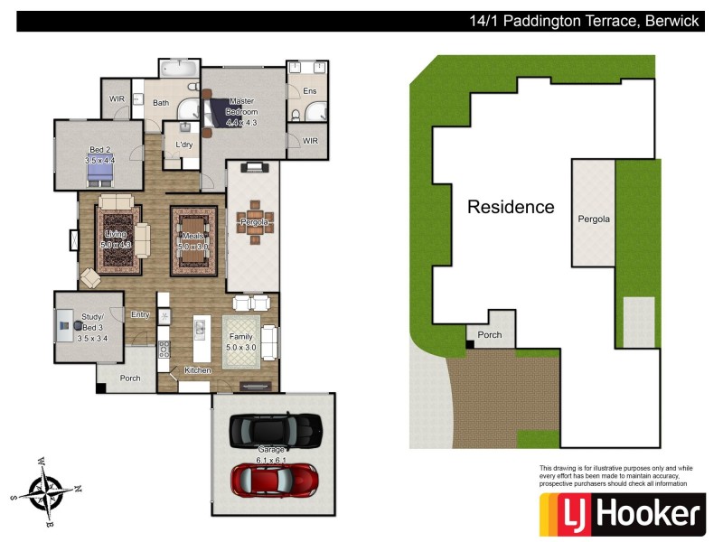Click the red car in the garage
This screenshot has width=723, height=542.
(x=275, y=480)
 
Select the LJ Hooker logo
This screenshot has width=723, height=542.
(x=621, y=514)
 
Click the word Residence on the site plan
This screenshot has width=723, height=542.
(x=511, y=207)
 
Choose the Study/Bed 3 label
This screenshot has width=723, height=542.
(x=94, y=327)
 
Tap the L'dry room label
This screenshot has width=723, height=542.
(x=183, y=145)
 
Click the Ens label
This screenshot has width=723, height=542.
(x=309, y=91)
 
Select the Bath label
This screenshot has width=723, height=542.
(x=160, y=103)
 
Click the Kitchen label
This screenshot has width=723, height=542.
(x=198, y=370)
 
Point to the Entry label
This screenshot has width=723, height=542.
(x=140, y=314)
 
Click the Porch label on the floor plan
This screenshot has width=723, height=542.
(x=129, y=378)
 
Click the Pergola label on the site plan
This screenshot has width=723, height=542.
(x=594, y=219)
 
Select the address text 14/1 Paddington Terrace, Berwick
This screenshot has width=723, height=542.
(x=584, y=21)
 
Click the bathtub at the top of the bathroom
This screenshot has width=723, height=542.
(x=179, y=69)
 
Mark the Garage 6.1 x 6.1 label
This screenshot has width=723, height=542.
(x=272, y=454)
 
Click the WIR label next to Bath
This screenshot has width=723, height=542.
(x=117, y=98)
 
